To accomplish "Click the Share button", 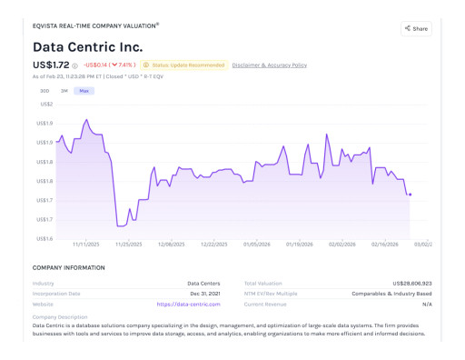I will coord(416,29).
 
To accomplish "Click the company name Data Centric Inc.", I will coord(88,46).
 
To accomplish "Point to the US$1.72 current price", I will coord(51,65).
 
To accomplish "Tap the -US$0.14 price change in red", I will coord(95,65).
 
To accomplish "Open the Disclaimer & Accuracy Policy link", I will coord(269,65).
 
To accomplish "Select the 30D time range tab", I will coord(44,91).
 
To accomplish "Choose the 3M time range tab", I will coord(64,91).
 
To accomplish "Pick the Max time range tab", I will coord(84,91).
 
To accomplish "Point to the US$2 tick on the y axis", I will coord(45,105).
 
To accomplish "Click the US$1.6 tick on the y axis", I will coord(44,238).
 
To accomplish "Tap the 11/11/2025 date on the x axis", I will coord(85,245).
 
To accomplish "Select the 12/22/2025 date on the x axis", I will coord(213,245).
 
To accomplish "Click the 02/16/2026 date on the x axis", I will coord(385,245).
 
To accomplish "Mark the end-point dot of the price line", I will coord(411,195).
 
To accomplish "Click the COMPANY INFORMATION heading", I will coord(68,267).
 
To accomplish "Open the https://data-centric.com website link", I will coord(188,305).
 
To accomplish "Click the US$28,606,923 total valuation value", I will coord(406,283).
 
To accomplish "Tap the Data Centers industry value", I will coord(203,283).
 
